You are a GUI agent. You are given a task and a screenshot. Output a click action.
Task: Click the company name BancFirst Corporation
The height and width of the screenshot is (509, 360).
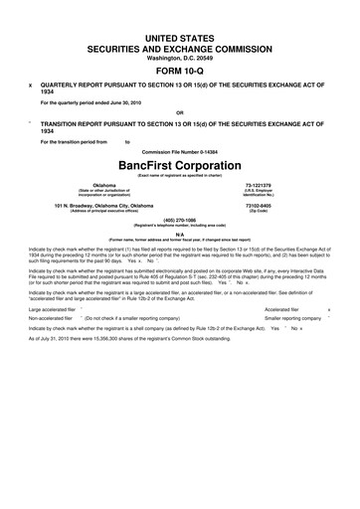point(179,163)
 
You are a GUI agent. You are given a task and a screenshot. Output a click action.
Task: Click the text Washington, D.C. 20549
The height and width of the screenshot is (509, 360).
point(179,56)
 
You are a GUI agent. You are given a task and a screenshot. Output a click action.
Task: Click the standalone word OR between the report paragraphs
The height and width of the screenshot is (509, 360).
point(179,112)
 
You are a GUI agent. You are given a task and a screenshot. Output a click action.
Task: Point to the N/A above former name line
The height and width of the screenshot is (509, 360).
point(179,235)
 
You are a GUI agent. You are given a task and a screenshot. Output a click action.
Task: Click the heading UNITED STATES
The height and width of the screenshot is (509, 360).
point(179,35)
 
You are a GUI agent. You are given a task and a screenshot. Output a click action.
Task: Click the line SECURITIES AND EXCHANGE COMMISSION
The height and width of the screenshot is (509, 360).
point(179,46)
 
